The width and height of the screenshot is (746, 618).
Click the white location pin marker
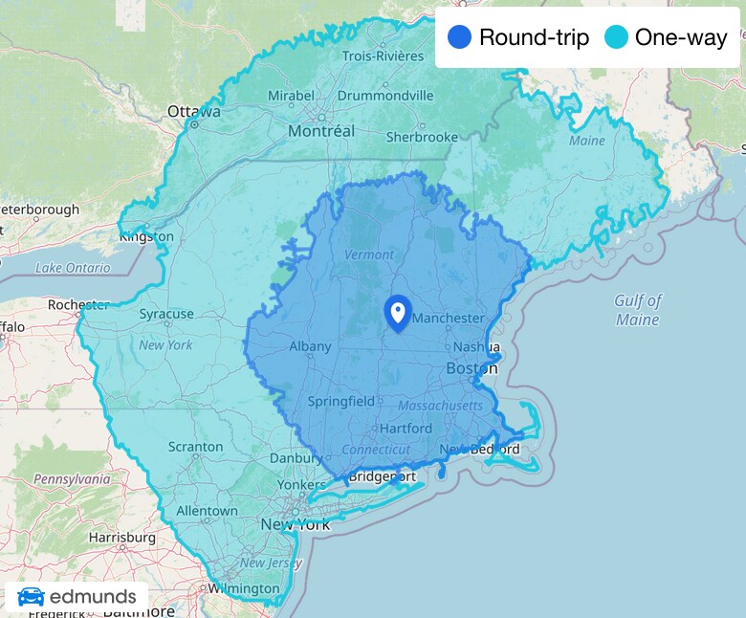click(x=397, y=312)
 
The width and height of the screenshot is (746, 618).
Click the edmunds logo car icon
click(x=31, y=597)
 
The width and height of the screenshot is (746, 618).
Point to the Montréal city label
click(x=321, y=131)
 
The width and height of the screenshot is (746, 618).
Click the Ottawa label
click(x=194, y=112)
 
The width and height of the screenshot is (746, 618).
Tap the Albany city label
click(x=311, y=346)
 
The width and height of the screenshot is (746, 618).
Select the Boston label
click(x=472, y=368)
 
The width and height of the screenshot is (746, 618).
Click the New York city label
click(x=296, y=524)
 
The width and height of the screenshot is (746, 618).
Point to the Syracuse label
click(x=166, y=314)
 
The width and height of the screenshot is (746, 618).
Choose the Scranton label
click(x=195, y=447)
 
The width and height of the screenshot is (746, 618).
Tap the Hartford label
click(x=406, y=429)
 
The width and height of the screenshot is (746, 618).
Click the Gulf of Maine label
click(x=638, y=311)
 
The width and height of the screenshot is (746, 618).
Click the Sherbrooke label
click(x=422, y=137)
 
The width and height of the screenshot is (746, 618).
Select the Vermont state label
click(x=368, y=254)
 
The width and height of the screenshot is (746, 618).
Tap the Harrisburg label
click(x=121, y=538)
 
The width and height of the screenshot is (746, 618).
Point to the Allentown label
click(x=208, y=511)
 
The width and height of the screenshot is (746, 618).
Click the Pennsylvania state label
click(x=73, y=477)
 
